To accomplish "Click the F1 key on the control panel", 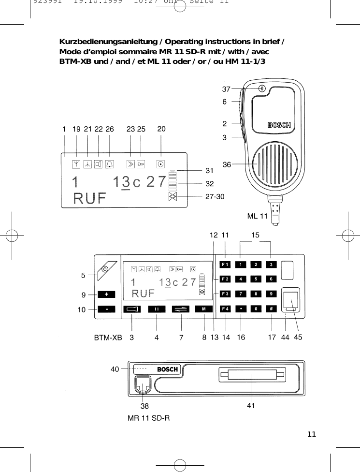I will tap(225, 265).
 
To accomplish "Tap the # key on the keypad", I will tap(272, 309).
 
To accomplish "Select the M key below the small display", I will tap(204, 309).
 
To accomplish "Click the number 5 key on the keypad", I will tap(256, 279).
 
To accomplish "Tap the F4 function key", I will tap(225, 309).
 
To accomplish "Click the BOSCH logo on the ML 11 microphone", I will tap(280, 126).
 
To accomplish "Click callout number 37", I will tap(226, 89).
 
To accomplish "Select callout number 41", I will tap(251, 406).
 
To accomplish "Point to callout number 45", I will tap(298, 338).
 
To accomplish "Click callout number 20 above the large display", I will tap(161, 129).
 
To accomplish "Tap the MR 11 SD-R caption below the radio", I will tap(148, 417).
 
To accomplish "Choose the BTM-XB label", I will tap(108, 338).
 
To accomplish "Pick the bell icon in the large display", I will tap(110, 163).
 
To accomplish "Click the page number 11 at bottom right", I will tap(312, 434).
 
